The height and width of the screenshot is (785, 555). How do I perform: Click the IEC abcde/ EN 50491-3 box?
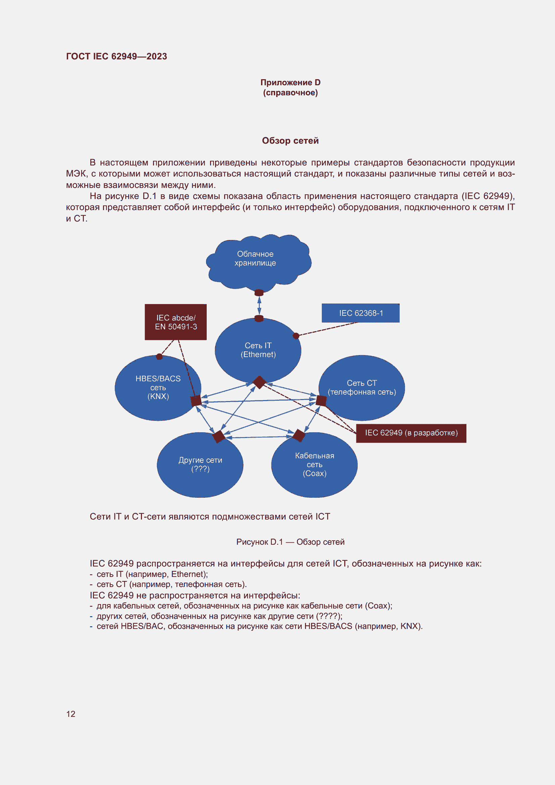[175, 322]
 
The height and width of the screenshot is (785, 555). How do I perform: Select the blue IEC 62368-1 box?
[360, 313]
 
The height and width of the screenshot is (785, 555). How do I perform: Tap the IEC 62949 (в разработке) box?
[411, 433]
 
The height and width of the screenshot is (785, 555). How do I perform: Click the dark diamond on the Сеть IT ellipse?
[259, 382]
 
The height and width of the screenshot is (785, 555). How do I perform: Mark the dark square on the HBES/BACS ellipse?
[196, 401]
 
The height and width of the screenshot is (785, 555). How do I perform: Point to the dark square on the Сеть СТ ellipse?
[321, 400]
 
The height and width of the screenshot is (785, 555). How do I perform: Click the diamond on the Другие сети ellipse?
[219, 437]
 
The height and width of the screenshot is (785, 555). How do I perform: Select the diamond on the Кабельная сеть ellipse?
[299, 436]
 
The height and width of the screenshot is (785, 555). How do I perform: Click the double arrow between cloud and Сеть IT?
[259, 305]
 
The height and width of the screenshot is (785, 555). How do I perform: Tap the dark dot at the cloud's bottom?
[259, 293]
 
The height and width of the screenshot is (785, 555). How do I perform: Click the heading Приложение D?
[291, 83]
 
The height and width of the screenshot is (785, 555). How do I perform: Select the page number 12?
[71, 714]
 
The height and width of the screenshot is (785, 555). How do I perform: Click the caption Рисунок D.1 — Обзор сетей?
[290, 542]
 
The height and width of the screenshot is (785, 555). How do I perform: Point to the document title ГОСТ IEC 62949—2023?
[116, 56]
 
